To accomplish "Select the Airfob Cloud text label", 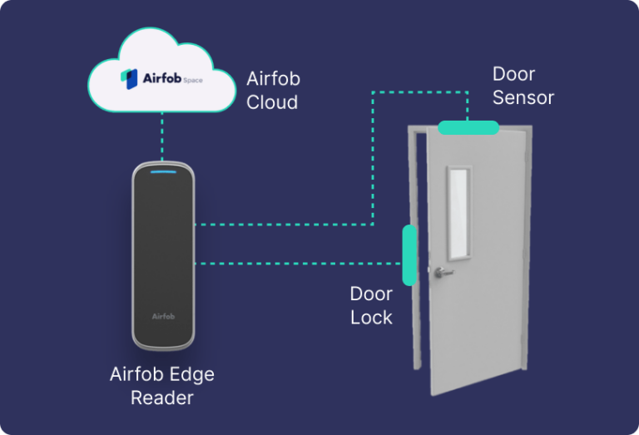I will tap(272, 91).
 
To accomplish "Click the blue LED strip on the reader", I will tap(163, 173).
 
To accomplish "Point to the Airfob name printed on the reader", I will tap(163, 316).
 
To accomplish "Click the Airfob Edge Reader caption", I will tap(162, 386).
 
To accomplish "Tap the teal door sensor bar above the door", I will tap(468, 127).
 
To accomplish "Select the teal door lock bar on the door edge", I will tap(409, 255).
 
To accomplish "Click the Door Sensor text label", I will tap(523, 86).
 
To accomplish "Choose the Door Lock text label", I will tap(371, 305).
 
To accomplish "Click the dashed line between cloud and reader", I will tap(162, 136).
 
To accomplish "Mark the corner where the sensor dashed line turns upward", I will tap(373, 224).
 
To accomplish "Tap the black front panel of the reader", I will tap(163, 250).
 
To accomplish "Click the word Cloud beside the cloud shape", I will tap(272, 102).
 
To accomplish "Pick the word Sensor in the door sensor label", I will tap(523, 97).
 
